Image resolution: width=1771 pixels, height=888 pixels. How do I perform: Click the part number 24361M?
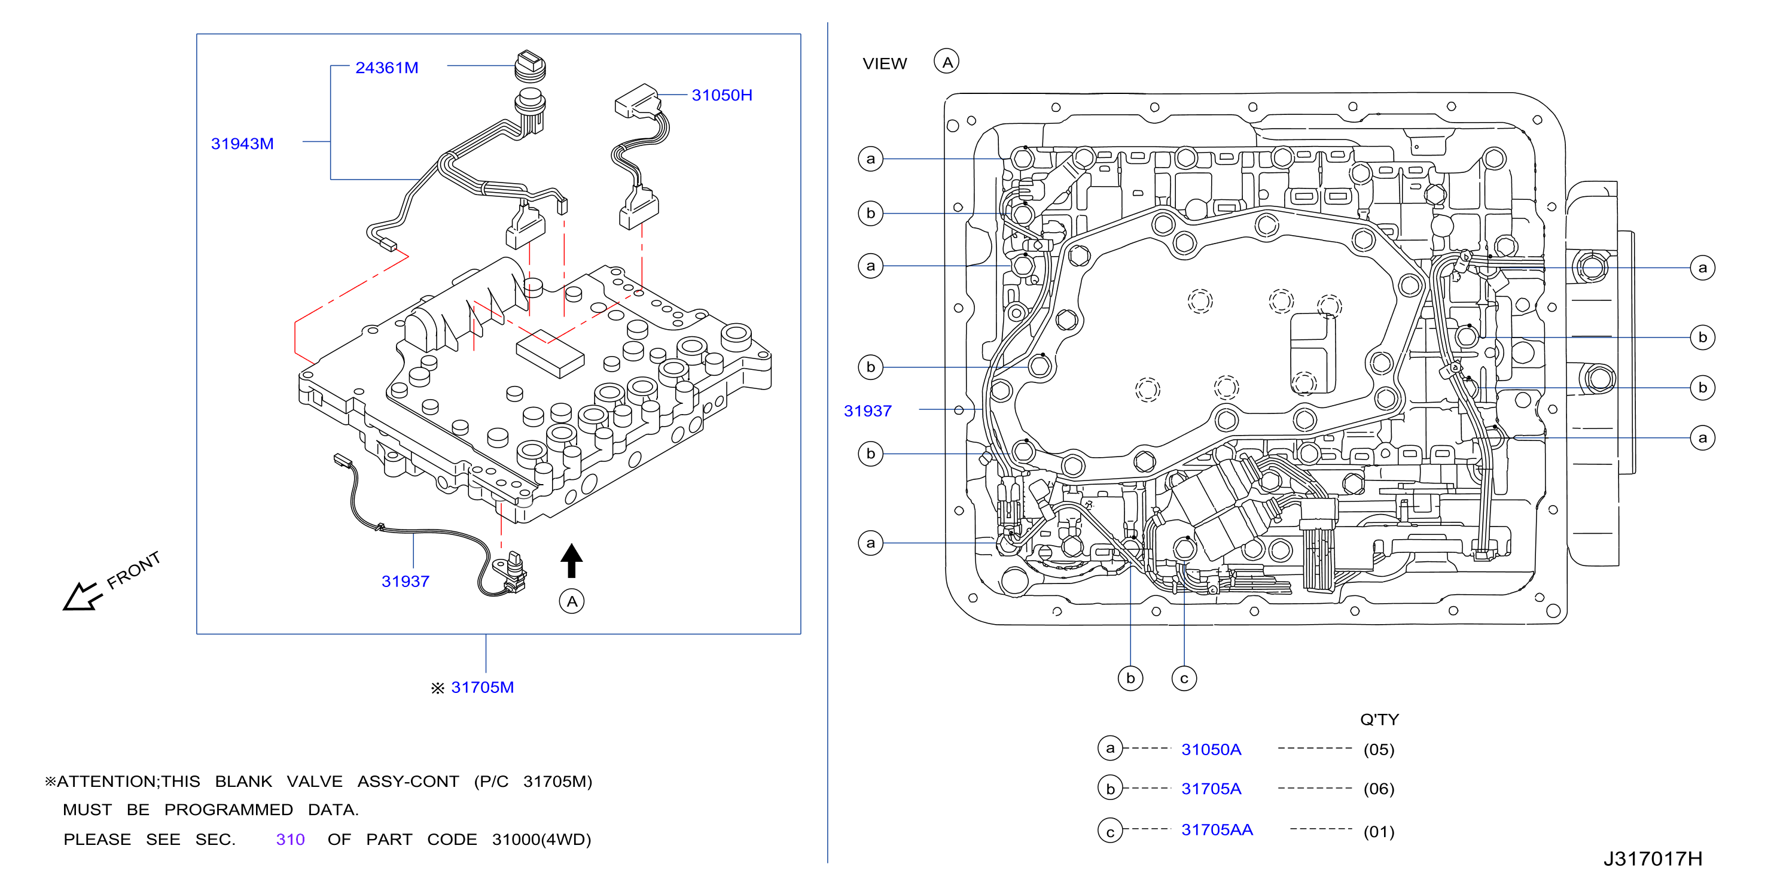pyautogui.click(x=386, y=68)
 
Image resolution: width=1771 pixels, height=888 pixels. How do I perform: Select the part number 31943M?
pyautogui.click(x=242, y=144)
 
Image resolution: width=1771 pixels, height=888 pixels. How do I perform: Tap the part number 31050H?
pyautogui.click(x=721, y=95)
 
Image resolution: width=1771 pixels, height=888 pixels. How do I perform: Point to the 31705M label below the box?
pyautogui.click(x=482, y=687)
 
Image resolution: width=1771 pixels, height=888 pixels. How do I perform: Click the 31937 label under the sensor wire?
pyautogui.click(x=405, y=581)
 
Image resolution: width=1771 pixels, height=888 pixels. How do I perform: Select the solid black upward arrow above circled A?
pyautogui.click(x=571, y=561)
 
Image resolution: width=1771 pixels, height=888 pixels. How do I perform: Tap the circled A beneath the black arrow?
pyautogui.click(x=571, y=601)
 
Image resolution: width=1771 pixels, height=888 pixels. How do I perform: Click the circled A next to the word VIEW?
pyautogui.click(x=947, y=62)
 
